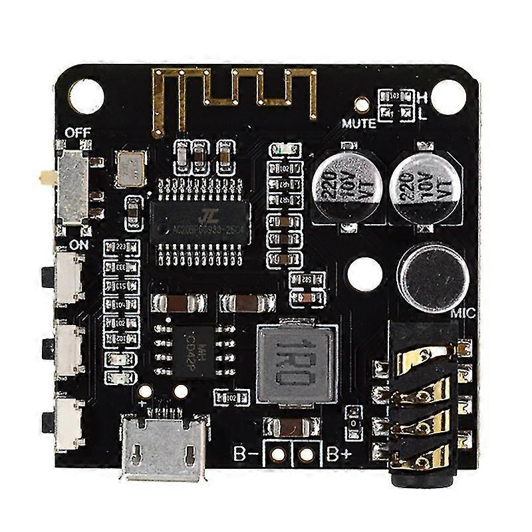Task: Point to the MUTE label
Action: [358, 123]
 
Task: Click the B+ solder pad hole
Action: [307, 455]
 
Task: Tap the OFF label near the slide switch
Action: [78, 132]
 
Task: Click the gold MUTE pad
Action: [362, 104]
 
